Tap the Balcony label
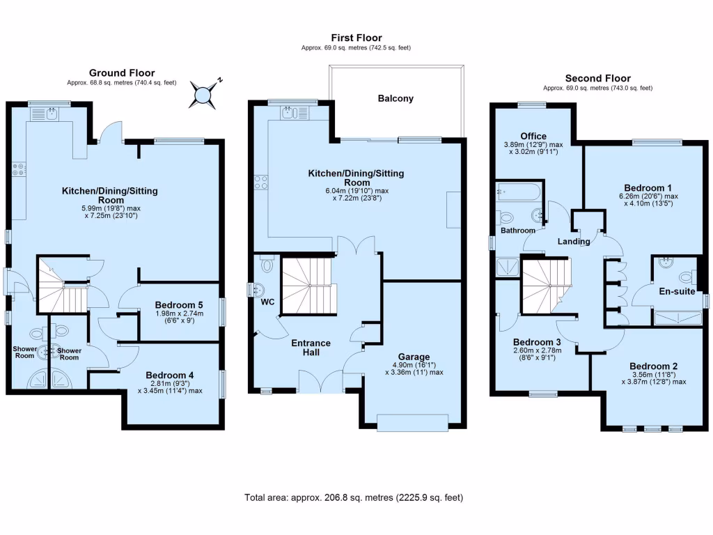(x=395, y=98)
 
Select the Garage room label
(x=414, y=357)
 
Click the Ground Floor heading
(x=122, y=72)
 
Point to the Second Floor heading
(x=597, y=78)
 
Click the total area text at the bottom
(x=354, y=497)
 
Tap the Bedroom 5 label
(x=179, y=305)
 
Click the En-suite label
(x=677, y=291)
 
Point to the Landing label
(x=574, y=242)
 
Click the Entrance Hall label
(x=311, y=348)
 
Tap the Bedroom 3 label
(x=537, y=342)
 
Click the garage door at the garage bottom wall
(x=412, y=422)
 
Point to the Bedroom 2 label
(x=653, y=366)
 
